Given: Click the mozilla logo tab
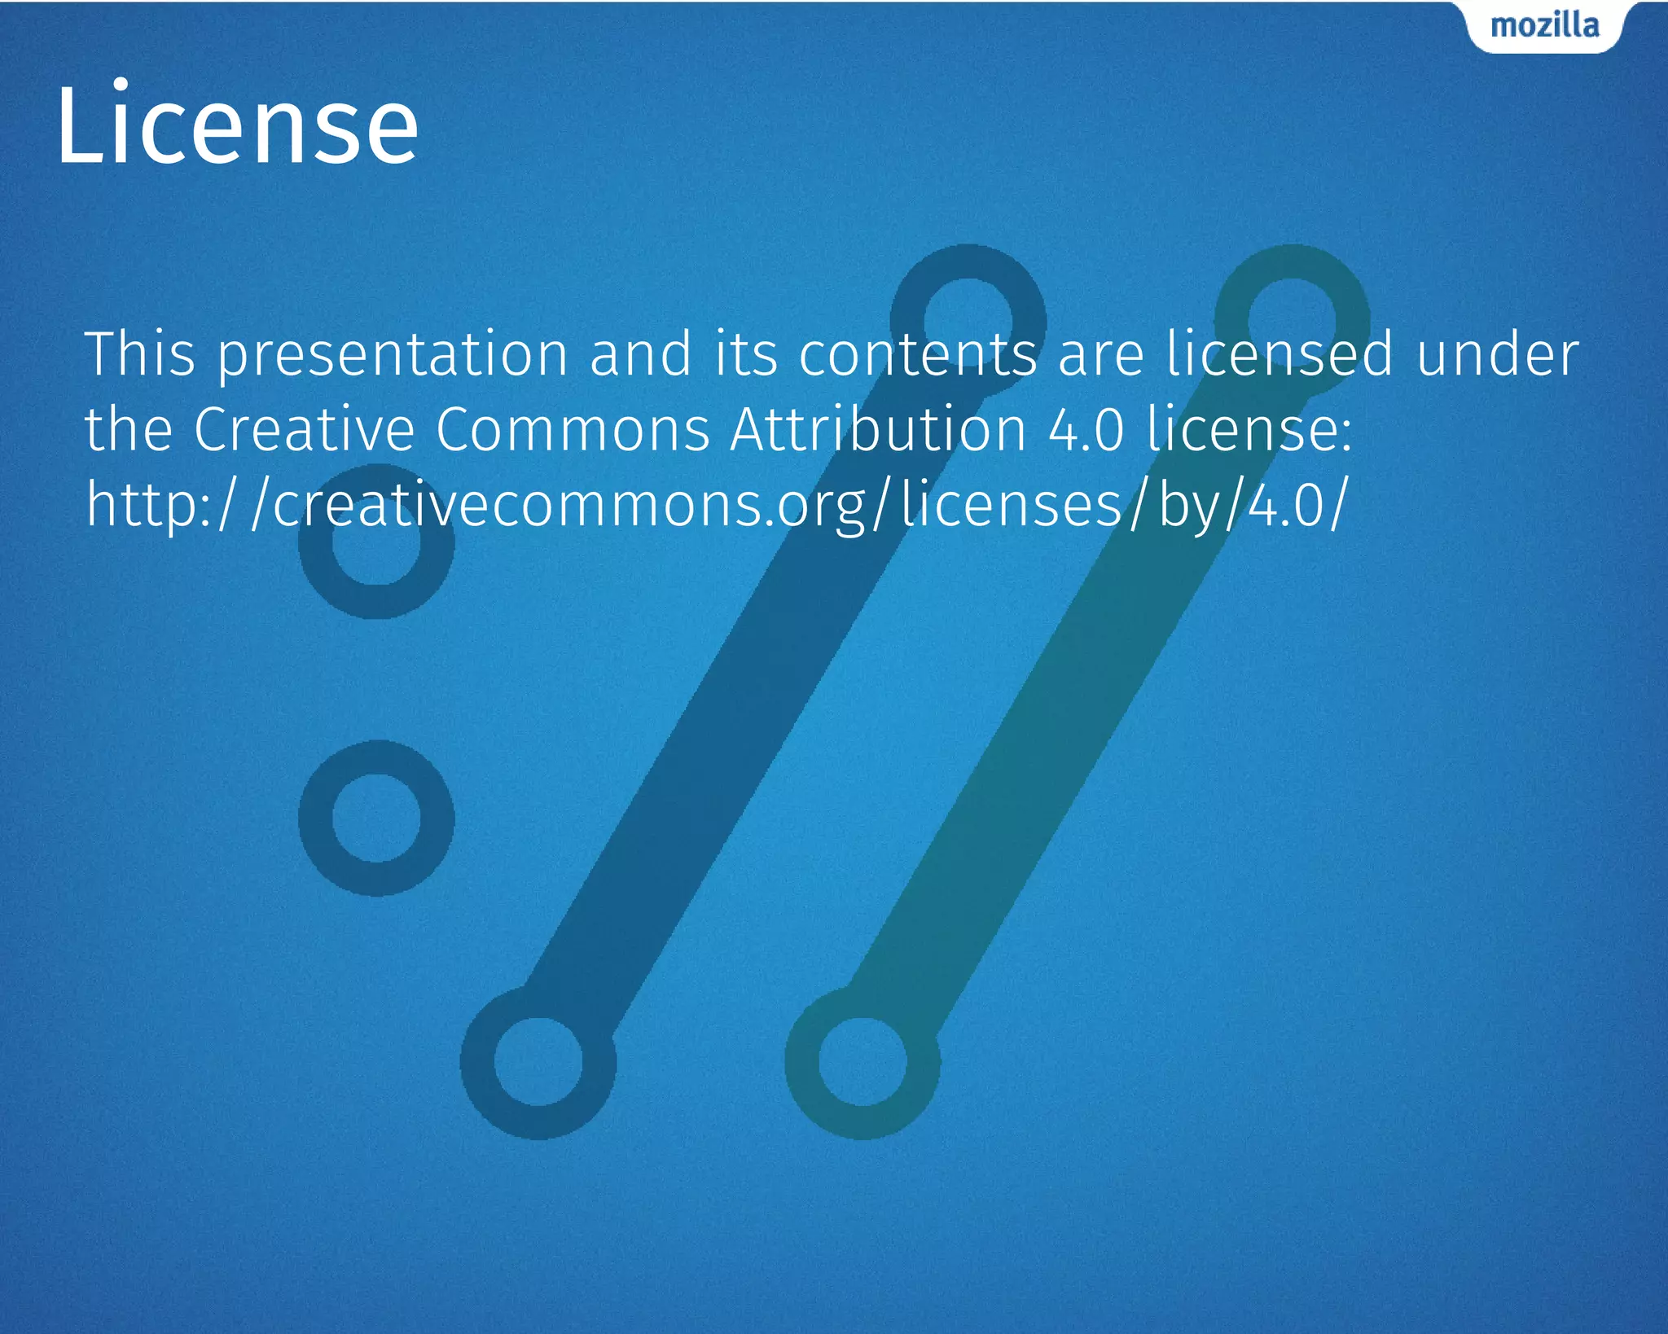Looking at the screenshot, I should (1544, 26).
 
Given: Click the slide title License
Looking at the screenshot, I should (237, 127).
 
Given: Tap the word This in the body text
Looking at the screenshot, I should (140, 354).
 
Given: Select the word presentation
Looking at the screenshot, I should (393, 356).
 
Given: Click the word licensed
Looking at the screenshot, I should (1280, 354).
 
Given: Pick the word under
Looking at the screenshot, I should (1498, 354).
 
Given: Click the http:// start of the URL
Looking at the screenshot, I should (160, 505).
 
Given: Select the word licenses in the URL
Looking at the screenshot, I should (1012, 505).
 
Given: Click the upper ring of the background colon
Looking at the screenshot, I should (376, 542).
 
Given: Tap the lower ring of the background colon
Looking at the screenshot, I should (376, 818).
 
